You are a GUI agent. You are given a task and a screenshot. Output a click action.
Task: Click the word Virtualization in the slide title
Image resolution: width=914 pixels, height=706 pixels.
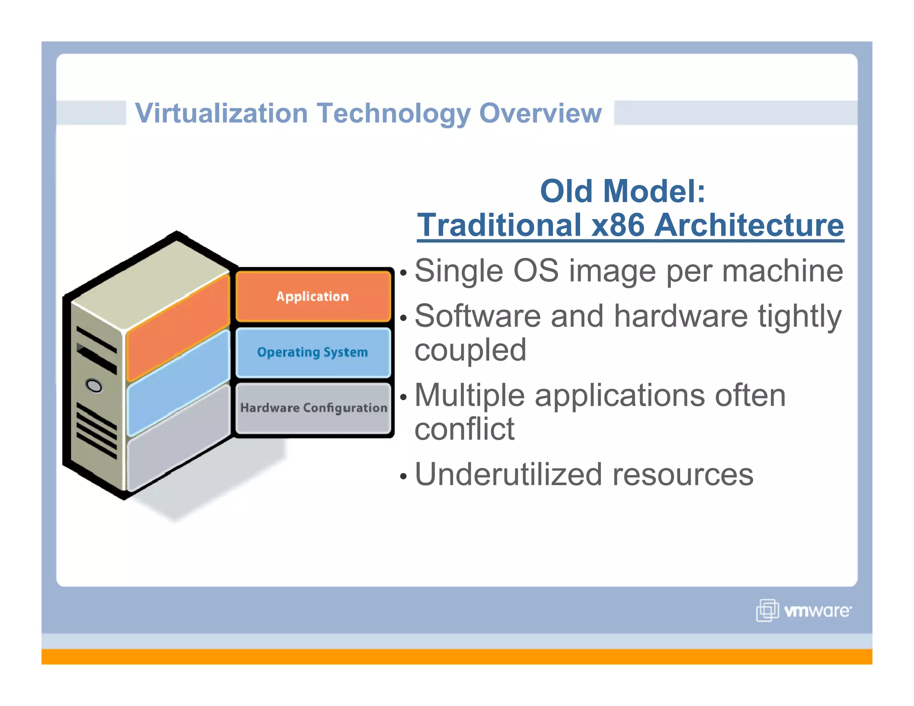coord(221,113)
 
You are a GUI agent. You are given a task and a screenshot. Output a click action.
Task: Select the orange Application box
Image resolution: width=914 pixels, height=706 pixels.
coord(313,296)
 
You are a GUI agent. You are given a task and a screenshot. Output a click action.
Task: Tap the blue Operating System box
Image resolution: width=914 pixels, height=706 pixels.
coord(313,352)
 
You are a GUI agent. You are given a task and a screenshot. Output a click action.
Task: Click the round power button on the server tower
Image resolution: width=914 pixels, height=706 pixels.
coord(94,385)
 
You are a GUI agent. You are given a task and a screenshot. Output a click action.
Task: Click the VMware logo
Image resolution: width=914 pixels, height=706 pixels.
coord(803,610)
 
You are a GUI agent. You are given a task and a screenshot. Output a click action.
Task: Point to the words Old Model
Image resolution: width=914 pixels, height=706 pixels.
coord(622,191)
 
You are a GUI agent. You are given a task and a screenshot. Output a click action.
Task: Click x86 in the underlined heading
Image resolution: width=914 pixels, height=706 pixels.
coord(618,225)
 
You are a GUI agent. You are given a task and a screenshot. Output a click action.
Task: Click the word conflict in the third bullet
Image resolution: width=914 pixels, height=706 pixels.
coord(464,429)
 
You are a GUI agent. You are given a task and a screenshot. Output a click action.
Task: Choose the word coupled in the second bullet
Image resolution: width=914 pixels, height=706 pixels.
coord(470,349)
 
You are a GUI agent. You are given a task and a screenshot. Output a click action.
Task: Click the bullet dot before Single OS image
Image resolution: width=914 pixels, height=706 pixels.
coord(403,272)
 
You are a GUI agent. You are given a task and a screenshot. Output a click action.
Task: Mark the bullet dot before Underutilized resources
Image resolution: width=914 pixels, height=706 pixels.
coord(403,476)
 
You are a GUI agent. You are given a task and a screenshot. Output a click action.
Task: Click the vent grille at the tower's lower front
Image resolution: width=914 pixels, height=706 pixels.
coord(96,431)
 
